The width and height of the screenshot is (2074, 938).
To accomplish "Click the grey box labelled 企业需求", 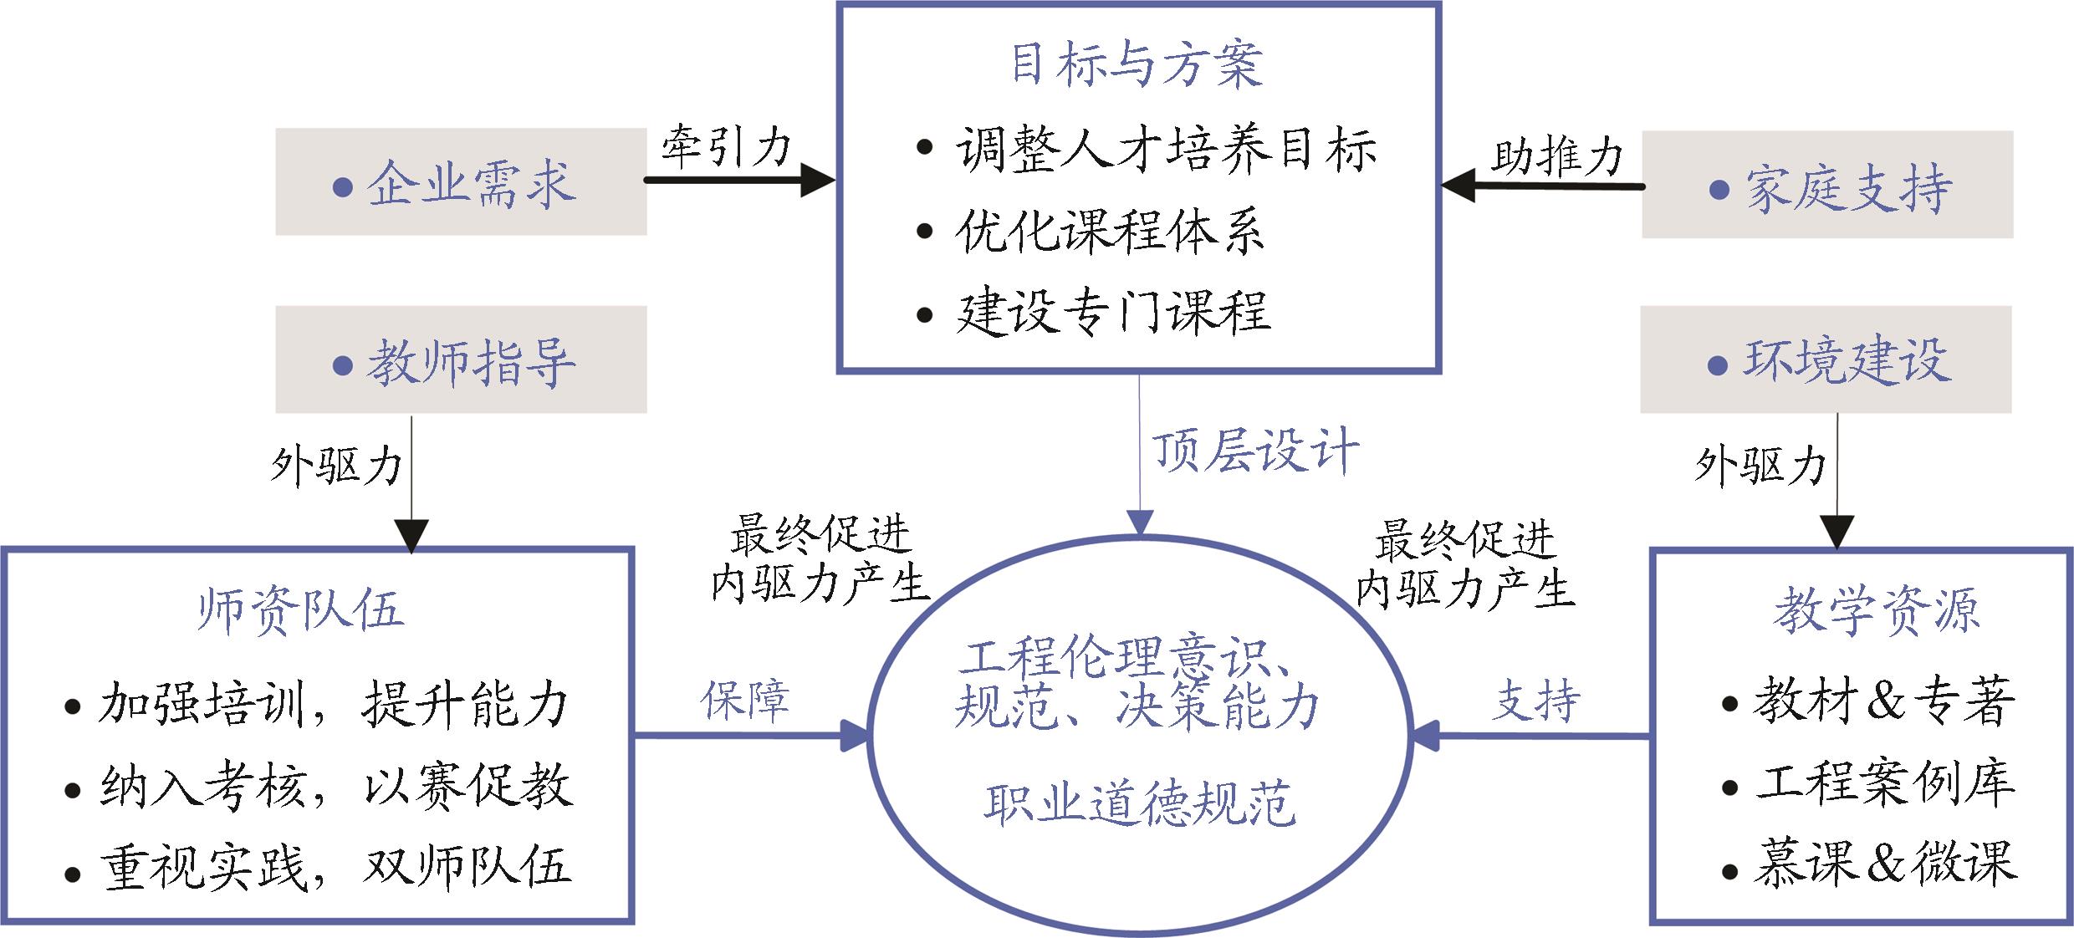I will (461, 181).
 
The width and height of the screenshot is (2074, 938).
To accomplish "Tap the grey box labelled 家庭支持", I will (1827, 185).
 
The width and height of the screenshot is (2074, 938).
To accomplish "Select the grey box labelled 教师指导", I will (461, 359).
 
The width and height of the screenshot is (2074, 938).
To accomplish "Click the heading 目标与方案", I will (1137, 64).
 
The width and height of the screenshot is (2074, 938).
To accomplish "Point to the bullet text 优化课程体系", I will (1108, 230).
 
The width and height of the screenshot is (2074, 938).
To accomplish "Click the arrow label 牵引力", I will (725, 147).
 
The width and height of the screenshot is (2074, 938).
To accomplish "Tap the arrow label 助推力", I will (1556, 155).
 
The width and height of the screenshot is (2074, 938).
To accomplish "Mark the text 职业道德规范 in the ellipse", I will (1139, 804).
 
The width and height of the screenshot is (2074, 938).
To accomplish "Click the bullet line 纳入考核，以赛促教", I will (335, 786).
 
